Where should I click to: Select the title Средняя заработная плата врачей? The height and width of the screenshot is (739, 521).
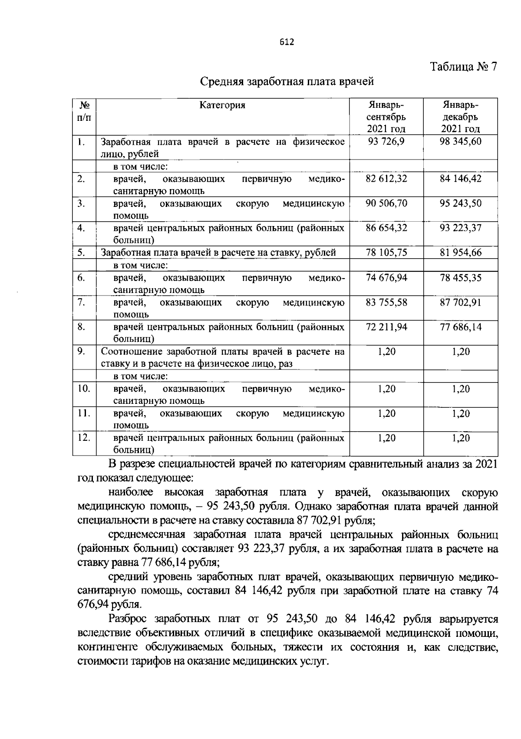coord(287,81)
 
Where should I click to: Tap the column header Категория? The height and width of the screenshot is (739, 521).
coord(222,105)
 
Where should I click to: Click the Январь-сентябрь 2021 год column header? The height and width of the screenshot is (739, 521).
coord(386,117)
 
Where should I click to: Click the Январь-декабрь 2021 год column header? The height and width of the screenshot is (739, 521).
coord(461,117)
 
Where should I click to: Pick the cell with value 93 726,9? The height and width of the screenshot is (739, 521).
coord(386,141)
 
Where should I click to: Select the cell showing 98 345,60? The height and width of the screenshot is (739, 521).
coord(460,141)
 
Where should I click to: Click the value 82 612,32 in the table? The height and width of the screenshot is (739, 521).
coord(386,179)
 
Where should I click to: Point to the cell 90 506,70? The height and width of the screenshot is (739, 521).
coord(386,203)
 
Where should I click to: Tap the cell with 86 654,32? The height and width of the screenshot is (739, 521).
coord(386,228)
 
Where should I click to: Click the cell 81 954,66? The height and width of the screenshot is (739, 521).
coord(460,253)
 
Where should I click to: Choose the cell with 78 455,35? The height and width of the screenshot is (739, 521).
coord(460,277)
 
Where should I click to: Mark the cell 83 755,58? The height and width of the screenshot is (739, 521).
coord(386,302)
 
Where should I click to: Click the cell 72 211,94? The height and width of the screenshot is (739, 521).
coord(386,327)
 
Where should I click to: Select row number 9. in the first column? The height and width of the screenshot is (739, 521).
coord(82,351)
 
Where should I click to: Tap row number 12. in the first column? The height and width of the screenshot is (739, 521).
coord(83,438)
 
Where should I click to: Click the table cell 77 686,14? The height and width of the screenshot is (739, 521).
coord(460,327)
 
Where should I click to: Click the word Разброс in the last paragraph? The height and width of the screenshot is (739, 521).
coord(129,619)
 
